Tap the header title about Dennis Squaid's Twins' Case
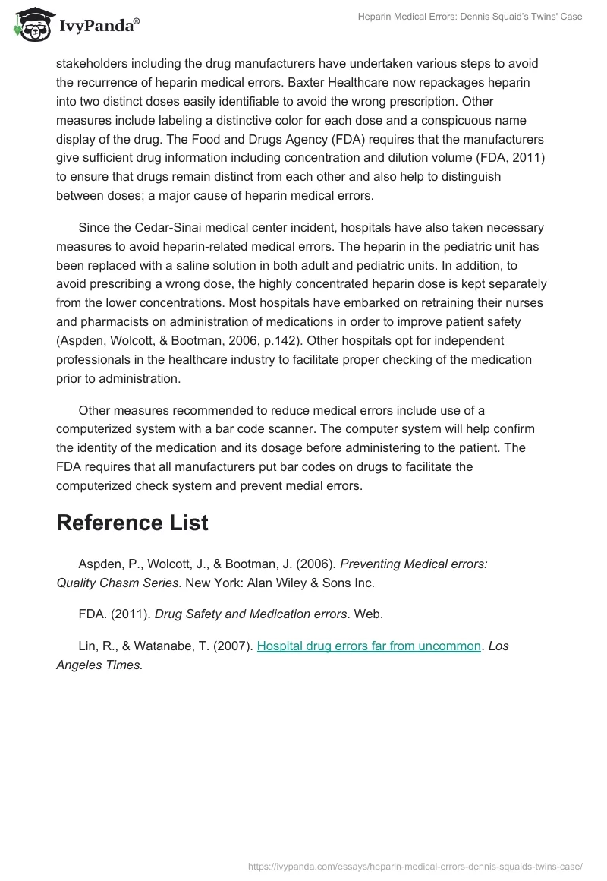coord(470,17)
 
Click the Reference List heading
coord(132,523)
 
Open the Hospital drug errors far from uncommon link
coord(370,646)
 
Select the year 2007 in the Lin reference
coord(234,646)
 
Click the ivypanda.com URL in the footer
coord(416,865)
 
